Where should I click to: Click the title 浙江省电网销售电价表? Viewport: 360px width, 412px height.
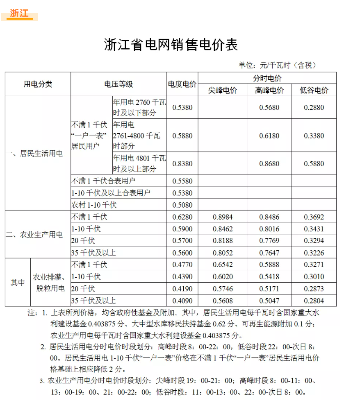(x=171, y=45)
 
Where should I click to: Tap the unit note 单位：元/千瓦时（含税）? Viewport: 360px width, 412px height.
(x=278, y=65)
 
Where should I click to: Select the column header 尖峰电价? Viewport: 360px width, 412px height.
(x=223, y=91)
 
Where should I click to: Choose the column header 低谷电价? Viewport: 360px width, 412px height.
(x=314, y=91)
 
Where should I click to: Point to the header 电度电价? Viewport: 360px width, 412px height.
(x=182, y=84)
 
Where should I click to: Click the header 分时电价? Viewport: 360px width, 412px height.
(x=267, y=78)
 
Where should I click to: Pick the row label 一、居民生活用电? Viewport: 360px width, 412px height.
(x=34, y=154)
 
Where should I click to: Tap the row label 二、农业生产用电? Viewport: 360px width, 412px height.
(x=34, y=235)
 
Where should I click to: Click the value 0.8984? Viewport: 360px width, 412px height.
(x=223, y=217)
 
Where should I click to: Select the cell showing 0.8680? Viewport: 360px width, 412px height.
(x=269, y=163)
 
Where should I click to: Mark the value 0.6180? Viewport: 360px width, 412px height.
(x=269, y=136)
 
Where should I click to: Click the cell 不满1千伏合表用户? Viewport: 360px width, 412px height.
(x=103, y=181)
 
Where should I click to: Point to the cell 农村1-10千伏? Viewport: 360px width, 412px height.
(x=94, y=205)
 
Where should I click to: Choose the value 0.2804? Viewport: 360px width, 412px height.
(x=314, y=301)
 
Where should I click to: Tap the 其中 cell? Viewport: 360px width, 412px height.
(x=18, y=283)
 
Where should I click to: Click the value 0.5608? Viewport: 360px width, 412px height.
(x=223, y=301)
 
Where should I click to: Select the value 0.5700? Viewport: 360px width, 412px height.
(x=182, y=241)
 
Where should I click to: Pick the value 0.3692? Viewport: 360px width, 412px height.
(x=314, y=217)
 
